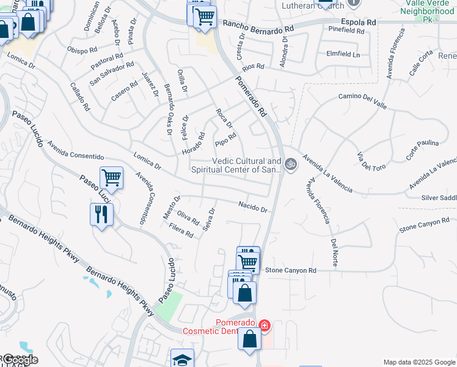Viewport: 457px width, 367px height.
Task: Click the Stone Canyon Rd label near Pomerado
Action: (291, 270)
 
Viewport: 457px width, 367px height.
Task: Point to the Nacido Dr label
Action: (253, 207)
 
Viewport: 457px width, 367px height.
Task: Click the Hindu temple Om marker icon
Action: (291, 163)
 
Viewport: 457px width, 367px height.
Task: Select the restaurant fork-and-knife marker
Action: (101, 214)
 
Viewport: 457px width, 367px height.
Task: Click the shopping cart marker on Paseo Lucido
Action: (111, 177)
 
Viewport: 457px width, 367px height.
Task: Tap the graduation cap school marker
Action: (182, 359)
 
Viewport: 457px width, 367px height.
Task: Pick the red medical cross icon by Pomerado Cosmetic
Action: (264, 325)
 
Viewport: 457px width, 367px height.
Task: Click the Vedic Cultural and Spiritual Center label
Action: (246, 165)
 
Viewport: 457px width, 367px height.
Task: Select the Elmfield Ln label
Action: (343, 53)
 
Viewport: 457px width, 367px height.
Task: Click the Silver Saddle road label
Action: (439, 198)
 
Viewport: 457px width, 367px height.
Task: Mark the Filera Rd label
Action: (181, 230)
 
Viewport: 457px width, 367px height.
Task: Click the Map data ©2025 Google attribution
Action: (419, 361)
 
